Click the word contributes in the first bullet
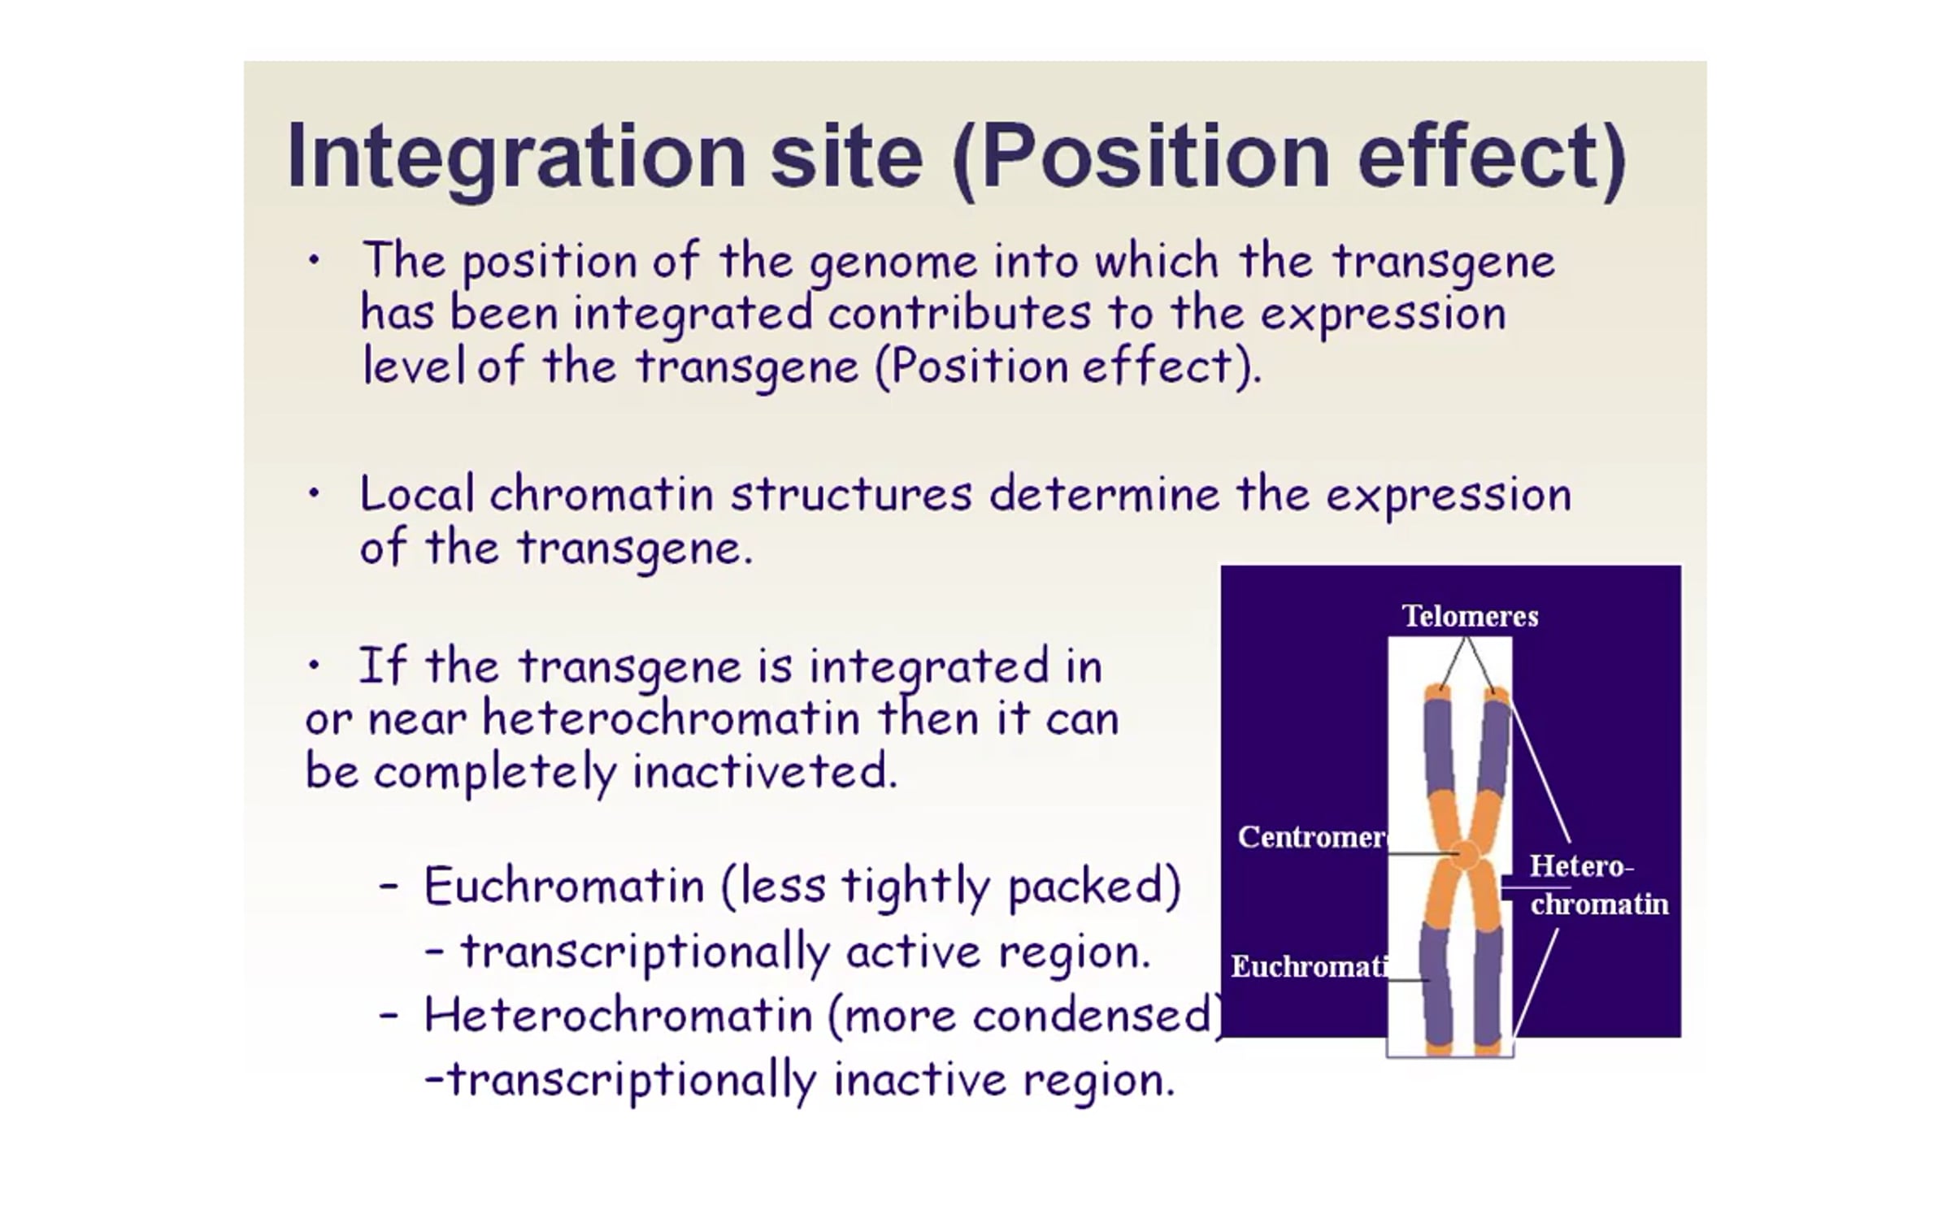(959, 314)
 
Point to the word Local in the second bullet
(416, 493)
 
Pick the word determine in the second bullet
(1105, 493)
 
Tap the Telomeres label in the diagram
(1470, 616)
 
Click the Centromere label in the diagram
(1312, 837)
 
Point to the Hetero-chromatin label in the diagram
(1598, 885)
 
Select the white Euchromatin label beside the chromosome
(1309, 966)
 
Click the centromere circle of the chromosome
(1466, 855)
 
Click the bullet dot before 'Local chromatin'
(314, 493)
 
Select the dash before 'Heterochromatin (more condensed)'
(389, 1016)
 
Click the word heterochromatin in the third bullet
(671, 718)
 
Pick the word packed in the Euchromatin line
(1094, 886)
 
